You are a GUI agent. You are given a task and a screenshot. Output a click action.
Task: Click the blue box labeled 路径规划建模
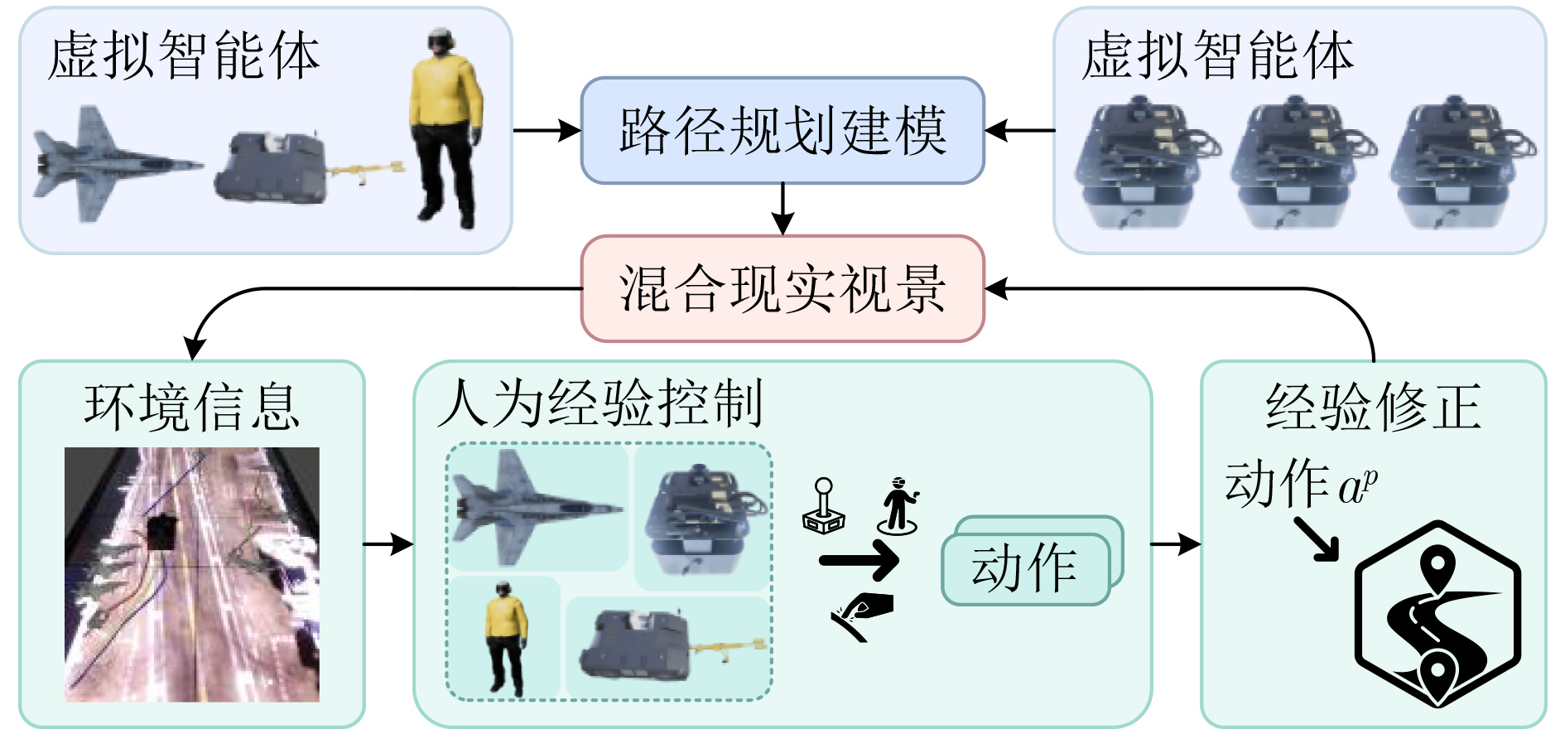[x=782, y=130]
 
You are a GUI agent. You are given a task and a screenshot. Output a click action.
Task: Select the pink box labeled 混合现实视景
[x=782, y=288]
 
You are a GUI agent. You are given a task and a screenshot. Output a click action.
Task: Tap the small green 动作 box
[x=1025, y=568]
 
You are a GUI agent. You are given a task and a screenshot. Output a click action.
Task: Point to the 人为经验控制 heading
[x=600, y=403]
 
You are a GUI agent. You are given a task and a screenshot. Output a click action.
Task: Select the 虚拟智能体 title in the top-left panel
[x=183, y=56]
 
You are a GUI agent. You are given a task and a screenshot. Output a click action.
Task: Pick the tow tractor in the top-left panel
[x=308, y=167]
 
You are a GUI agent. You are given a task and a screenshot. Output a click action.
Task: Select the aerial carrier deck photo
[x=192, y=574]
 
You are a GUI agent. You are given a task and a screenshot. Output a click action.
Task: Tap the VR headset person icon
[x=898, y=505]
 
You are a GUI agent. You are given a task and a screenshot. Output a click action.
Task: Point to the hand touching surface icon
[x=861, y=616]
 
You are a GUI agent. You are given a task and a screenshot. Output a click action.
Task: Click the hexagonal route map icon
[x=1438, y=614]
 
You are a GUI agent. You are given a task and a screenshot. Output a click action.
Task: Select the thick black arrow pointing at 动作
[x=859, y=561]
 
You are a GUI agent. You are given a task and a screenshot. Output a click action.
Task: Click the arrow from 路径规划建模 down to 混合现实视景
[x=782, y=209]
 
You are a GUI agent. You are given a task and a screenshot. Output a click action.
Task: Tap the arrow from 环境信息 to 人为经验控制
[x=388, y=544]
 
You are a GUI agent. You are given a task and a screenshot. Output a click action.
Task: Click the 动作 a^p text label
[x=1301, y=484]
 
